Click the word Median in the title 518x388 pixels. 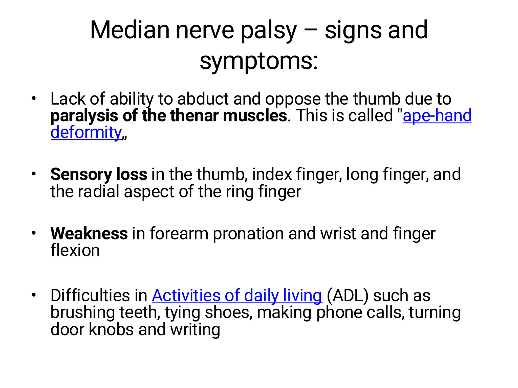pyautogui.click(x=129, y=30)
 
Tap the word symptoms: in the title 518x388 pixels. pyautogui.click(x=259, y=62)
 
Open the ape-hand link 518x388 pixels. pyautogui.click(x=437, y=116)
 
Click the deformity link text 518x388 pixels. pyautogui.click(x=86, y=132)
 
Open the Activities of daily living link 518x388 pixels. pyautogui.click(x=237, y=295)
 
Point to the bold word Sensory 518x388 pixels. pyautogui.click(x=81, y=175)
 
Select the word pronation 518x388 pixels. pyautogui.click(x=248, y=234)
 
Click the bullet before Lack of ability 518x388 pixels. pyautogui.click(x=34, y=99)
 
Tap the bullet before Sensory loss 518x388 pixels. pyautogui.click(x=34, y=174)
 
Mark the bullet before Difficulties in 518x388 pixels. pyautogui.click(x=34, y=295)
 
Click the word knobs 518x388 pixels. pyautogui.click(x=111, y=329)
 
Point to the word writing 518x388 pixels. pyautogui.click(x=195, y=330)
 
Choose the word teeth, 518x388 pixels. pyautogui.click(x=140, y=312)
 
